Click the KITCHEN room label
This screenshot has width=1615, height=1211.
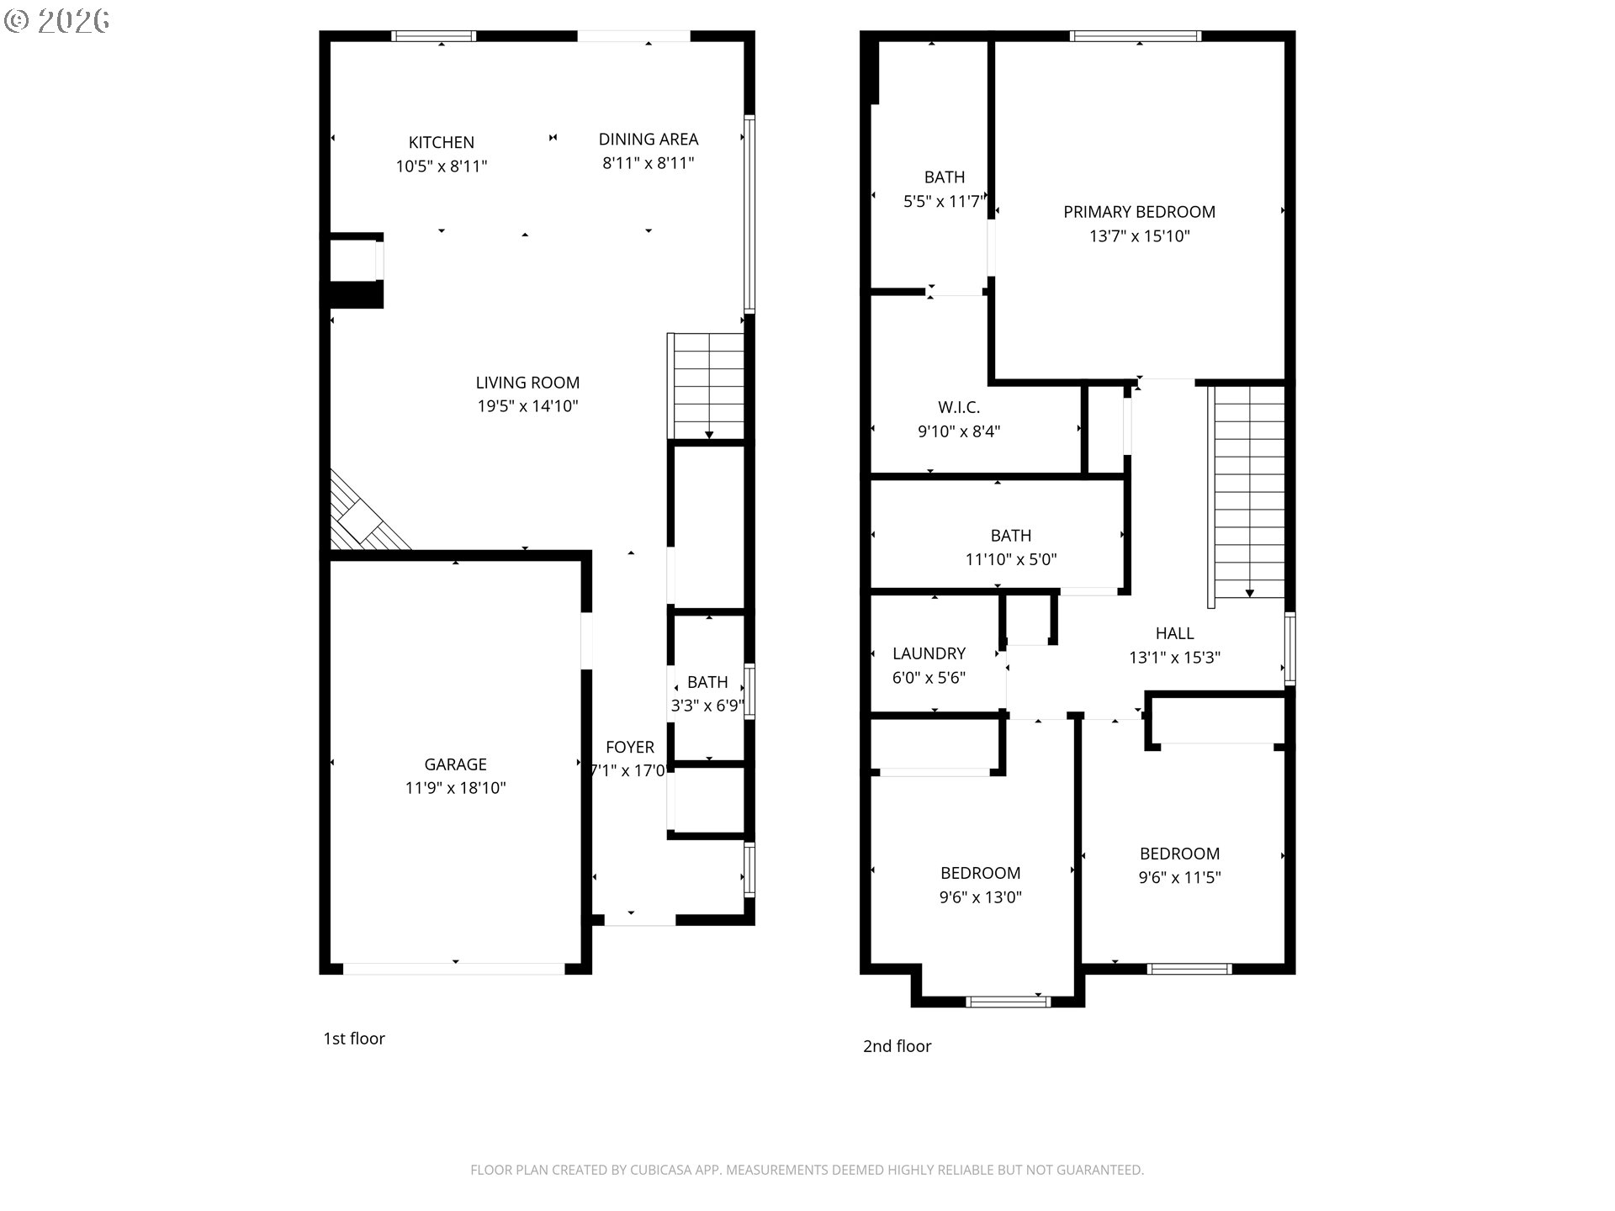pos(442,142)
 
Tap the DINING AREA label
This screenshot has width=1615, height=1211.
pos(649,139)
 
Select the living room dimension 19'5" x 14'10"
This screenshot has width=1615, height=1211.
pos(527,406)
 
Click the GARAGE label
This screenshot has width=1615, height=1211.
pos(455,764)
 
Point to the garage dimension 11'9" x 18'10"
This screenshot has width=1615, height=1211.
pos(455,788)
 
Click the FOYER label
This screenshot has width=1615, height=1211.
pos(630,747)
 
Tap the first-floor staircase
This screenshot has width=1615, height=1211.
pos(707,386)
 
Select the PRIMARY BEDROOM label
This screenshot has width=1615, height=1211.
pos(1139,212)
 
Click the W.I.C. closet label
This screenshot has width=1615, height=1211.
pos(959,408)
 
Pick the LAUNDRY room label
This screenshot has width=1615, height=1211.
pos(929,653)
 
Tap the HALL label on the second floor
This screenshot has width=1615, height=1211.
pos(1174,633)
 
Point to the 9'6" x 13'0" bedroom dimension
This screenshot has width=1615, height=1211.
pos(981,897)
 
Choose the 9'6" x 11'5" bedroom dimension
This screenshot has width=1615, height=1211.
pos(1179,878)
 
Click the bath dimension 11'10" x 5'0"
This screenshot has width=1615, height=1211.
pos(1011,559)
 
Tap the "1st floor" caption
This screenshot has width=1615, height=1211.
pos(354,1039)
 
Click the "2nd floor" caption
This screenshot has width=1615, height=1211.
pos(898,1046)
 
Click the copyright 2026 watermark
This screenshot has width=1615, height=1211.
pos(56,21)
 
